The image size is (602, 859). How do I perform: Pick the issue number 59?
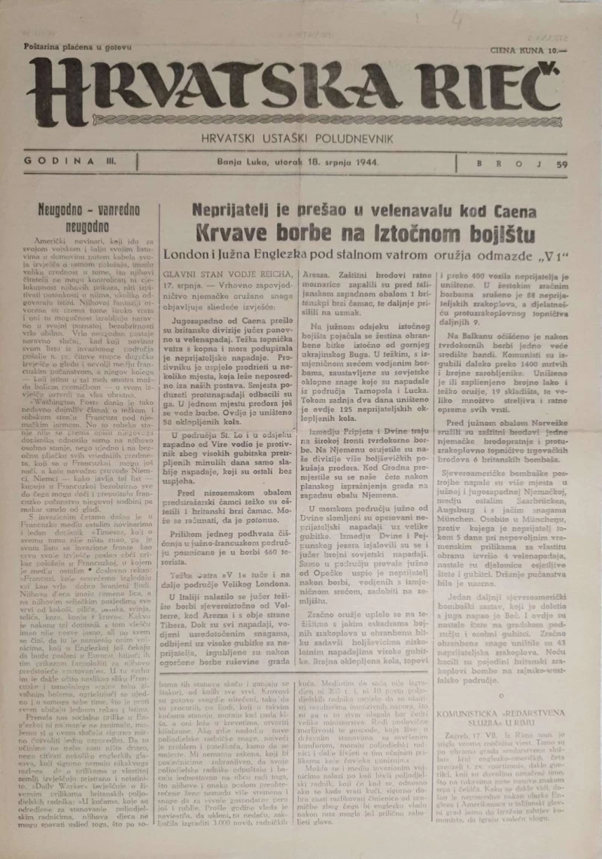click(x=561, y=163)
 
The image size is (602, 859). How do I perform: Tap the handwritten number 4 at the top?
click(x=458, y=20)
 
